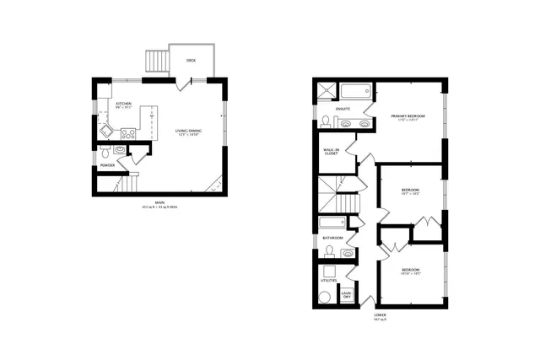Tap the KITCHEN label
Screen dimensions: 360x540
pos(124,105)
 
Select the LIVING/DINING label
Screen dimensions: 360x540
pos(188,131)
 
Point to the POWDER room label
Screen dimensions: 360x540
pos(107,165)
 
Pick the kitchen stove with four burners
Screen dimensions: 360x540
pos(129,132)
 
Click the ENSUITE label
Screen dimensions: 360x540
pos(343,109)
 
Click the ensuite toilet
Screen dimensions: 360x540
pos(326,121)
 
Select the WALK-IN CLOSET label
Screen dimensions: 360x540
pos(331,153)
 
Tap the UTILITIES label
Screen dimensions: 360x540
pos(331,281)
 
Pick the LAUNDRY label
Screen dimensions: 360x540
pos(346,295)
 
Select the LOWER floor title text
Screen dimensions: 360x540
pos(381,318)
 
